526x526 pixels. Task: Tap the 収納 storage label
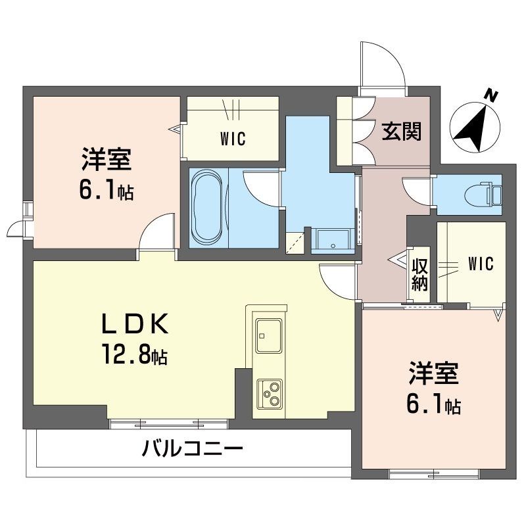[x=419, y=274]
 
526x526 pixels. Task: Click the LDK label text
[x=135, y=324]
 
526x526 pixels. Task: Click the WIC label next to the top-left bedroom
[x=233, y=139]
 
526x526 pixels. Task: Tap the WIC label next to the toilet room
[x=481, y=263]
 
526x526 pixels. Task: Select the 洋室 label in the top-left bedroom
[x=107, y=160]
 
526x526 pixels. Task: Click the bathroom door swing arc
[x=260, y=187]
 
